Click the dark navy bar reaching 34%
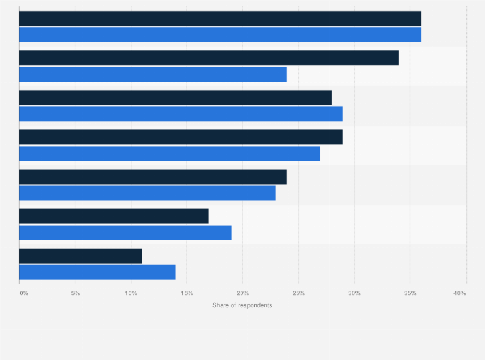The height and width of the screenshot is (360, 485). pyautogui.click(x=209, y=58)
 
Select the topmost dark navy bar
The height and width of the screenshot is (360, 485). pyautogui.click(x=220, y=18)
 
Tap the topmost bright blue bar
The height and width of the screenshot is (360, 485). pyautogui.click(x=220, y=35)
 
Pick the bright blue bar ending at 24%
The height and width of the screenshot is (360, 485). pyautogui.click(x=153, y=74)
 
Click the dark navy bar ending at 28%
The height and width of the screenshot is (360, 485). pyautogui.click(x=176, y=98)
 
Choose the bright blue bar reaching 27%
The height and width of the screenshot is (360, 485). pyautogui.click(x=170, y=154)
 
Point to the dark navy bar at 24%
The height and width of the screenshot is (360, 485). pyautogui.click(x=153, y=177)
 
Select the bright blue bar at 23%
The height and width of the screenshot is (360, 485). pyautogui.click(x=147, y=193)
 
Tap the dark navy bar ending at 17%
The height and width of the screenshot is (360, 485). pyautogui.click(x=114, y=216)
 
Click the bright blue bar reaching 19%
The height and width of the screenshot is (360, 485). pyautogui.click(x=125, y=233)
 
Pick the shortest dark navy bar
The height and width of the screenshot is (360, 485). pyautogui.click(x=80, y=256)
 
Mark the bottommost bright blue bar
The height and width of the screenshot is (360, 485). pyautogui.click(x=97, y=272)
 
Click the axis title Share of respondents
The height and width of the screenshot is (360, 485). pyautogui.click(x=242, y=305)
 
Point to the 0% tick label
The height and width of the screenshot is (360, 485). pyautogui.click(x=24, y=293)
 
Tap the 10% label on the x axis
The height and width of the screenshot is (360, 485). pyautogui.click(x=131, y=293)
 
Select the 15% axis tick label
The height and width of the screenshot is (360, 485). pyautogui.click(x=187, y=293)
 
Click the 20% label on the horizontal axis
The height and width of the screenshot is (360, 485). pyautogui.click(x=243, y=293)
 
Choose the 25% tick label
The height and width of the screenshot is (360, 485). pyautogui.click(x=298, y=293)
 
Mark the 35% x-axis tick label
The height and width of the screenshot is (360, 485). pyautogui.click(x=410, y=293)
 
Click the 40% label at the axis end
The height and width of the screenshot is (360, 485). pyautogui.click(x=459, y=293)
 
